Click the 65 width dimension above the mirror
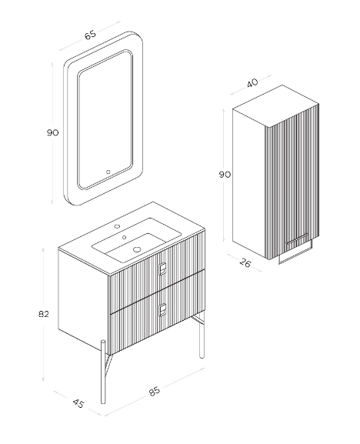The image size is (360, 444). tap(90, 35)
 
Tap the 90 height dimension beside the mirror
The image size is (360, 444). tap(52, 132)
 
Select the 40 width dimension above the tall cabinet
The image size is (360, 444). tap(252, 83)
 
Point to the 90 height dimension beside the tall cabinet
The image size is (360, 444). tap(225, 175)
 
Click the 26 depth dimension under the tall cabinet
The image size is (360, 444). tap(245, 263)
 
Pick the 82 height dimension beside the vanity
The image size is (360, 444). tap(44, 314)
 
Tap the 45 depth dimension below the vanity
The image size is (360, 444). tap(78, 403)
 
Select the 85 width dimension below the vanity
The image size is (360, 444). tap(155, 392)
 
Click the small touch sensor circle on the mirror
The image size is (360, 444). tap(108, 172)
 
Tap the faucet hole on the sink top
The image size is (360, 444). tap(117, 226)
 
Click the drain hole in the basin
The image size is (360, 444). tap(137, 249)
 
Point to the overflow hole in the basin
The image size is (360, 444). tap(124, 237)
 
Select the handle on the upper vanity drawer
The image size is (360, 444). tap(162, 269)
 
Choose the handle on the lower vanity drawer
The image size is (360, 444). tap(162, 309)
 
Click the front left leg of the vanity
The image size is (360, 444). tap(103, 372)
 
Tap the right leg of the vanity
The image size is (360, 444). tap(202, 335)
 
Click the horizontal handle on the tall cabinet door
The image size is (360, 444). tap(297, 239)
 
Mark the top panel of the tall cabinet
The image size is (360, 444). tap(276, 105)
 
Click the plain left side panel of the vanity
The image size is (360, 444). tap(84, 302)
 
